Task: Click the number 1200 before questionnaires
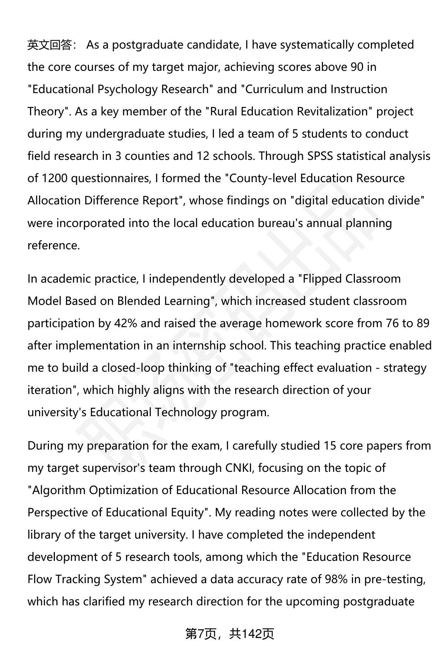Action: (55, 178)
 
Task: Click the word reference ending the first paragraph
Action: (53, 246)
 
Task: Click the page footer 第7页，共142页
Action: (230, 634)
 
